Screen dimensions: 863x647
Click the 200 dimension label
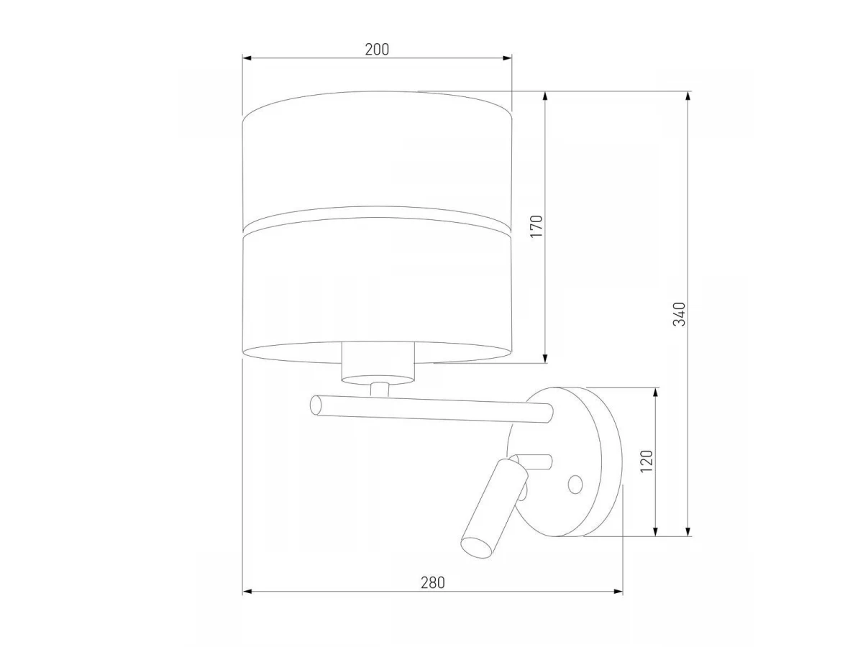[x=377, y=50]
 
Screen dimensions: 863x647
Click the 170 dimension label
[x=536, y=226]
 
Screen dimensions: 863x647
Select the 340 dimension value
[x=680, y=314]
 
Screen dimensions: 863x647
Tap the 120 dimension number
[x=647, y=462]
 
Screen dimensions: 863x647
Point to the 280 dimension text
[x=432, y=583]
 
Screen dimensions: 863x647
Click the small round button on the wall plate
[x=575, y=485]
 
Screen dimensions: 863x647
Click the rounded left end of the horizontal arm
[x=315, y=405]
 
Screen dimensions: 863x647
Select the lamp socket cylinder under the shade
[x=378, y=363]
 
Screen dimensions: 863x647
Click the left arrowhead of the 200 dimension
[x=247, y=58]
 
